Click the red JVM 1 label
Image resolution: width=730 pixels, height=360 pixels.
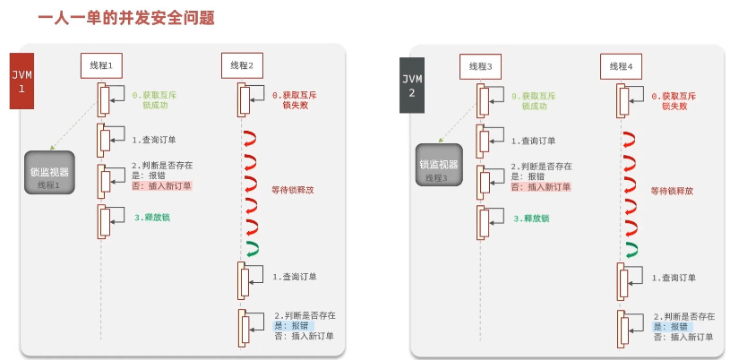click(21, 77)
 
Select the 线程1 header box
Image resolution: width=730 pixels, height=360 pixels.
click(101, 65)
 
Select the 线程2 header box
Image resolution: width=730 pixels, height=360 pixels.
click(242, 65)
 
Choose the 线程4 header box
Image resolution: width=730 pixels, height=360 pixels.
click(620, 65)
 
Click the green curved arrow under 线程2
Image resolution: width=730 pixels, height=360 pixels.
click(252, 248)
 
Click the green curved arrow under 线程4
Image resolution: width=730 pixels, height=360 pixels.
click(632, 249)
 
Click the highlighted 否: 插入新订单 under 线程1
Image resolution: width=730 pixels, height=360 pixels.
click(161, 185)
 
